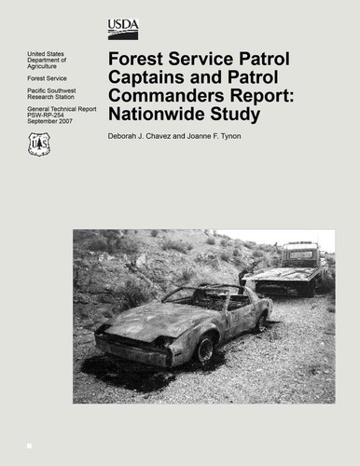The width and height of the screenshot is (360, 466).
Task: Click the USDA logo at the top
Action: coord(122,27)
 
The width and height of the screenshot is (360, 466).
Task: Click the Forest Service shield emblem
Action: coord(40,144)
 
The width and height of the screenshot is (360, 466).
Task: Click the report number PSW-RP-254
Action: coord(48,119)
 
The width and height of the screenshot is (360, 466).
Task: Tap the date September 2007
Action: coord(50,126)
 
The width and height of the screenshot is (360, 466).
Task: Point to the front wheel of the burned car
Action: coord(204,349)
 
